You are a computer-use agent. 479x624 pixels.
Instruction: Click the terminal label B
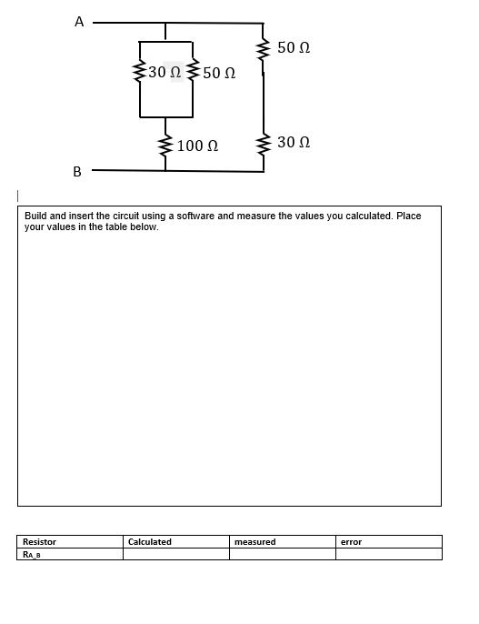coord(77,171)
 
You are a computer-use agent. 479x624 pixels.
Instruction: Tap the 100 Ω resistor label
coord(197,146)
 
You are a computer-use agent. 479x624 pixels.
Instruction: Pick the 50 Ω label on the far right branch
coord(294,47)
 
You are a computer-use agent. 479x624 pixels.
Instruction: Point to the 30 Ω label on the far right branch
coord(294,143)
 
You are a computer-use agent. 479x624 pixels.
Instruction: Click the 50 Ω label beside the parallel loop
coord(219,73)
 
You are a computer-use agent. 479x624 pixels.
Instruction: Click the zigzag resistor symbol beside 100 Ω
coord(165,145)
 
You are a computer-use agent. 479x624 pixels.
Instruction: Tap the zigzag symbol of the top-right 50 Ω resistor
coord(264,48)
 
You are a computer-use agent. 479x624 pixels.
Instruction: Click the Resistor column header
coord(39,542)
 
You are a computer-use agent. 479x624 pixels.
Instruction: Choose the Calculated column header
coord(150,542)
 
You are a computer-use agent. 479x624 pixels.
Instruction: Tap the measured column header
coord(254,542)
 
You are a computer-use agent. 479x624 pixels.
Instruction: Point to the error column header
coord(351,542)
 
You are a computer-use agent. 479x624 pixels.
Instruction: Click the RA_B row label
coord(33,554)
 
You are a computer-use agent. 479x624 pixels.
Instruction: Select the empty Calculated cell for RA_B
coord(175,554)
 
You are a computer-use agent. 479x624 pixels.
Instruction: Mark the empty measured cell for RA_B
coord(282,554)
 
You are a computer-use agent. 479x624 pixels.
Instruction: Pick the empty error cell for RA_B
coord(388,554)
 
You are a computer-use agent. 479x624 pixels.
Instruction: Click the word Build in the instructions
coord(35,216)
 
